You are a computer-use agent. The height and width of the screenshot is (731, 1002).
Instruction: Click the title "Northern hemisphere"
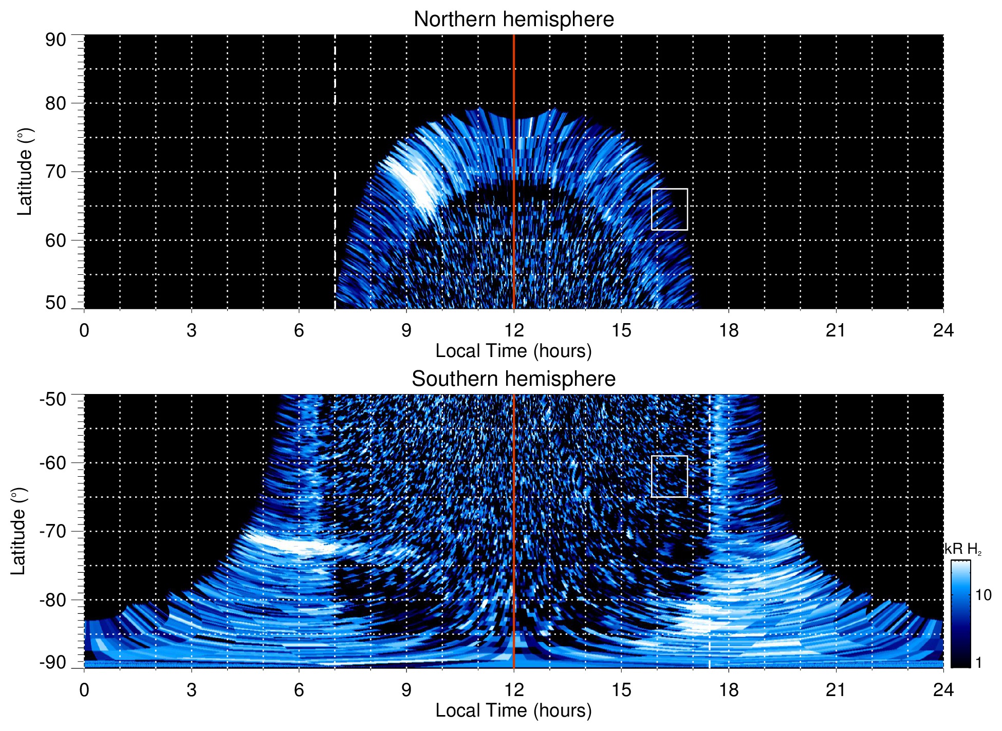(x=513, y=20)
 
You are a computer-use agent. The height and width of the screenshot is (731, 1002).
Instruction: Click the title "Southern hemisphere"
(x=513, y=379)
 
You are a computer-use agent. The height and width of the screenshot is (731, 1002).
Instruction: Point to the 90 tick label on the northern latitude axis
(x=55, y=40)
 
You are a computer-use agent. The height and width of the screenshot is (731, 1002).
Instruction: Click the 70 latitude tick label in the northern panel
(x=55, y=172)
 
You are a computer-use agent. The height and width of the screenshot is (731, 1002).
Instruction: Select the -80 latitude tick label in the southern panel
(x=53, y=599)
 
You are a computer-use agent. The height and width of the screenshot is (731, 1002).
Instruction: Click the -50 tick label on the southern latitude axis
(x=53, y=399)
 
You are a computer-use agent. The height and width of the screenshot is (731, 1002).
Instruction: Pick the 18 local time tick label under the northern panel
(x=728, y=330)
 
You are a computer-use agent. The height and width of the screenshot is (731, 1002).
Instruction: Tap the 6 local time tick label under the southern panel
(x=299, y=690)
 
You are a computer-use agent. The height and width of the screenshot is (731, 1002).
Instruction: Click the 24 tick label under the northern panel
(x=943, y=330)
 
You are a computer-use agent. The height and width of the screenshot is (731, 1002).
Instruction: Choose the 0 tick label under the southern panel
(x=84, y=690)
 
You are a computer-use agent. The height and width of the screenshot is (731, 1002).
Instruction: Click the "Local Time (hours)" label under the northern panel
(x=513, y=351)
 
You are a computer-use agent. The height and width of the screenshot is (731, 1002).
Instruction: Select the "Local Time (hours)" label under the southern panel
(x=513, y=710)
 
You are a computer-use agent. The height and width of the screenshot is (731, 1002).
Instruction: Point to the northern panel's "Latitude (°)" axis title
(x=25, y=172)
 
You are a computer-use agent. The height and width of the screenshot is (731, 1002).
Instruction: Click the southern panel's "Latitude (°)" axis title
(x=18, y=531)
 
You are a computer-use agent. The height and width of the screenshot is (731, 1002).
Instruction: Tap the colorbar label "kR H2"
(x=963, y=549)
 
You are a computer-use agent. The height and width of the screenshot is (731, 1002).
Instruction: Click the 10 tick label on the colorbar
(x=983, y=595)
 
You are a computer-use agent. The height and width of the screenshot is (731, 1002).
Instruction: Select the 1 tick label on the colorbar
(x=978, y=663)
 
